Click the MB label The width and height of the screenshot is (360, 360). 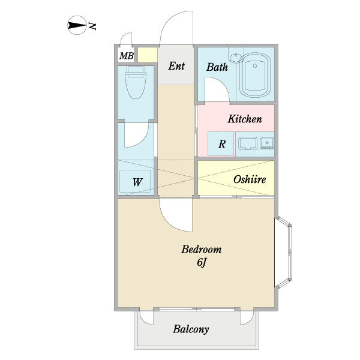127,56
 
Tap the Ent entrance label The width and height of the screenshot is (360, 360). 176,66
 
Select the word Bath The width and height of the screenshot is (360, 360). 217,67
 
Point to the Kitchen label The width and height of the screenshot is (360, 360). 245,119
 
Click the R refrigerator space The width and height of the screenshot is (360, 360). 222,144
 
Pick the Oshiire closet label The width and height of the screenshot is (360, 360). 250,179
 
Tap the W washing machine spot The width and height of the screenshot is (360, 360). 137,182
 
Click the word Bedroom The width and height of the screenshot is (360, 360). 202,250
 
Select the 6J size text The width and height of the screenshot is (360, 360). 201,262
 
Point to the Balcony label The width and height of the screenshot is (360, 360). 191,329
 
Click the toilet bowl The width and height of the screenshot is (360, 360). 136,82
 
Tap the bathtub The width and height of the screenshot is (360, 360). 255,76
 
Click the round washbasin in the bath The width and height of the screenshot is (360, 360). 236,58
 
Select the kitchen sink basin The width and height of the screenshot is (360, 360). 247,144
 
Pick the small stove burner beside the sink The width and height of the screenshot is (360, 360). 267,143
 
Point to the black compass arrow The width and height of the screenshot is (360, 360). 76,25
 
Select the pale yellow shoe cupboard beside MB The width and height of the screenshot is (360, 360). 148,55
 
